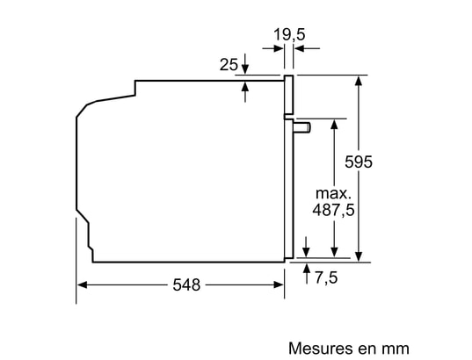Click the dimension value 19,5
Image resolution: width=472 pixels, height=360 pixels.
(289, 34)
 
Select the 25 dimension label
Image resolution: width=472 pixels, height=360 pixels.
(229, 64)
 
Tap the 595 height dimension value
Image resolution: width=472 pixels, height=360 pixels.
(359, 162)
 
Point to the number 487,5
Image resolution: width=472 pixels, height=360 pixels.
(333, 210)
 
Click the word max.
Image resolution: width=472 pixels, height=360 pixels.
(333, 193)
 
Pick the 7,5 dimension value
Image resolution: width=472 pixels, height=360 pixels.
(326, 277)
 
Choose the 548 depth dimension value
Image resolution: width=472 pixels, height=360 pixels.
(186, 284)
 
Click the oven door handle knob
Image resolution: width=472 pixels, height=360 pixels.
(302, 127)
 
